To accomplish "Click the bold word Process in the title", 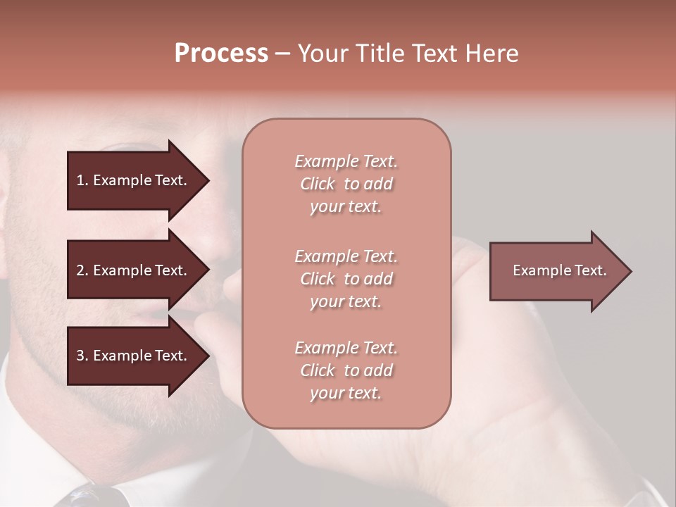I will pyautogui.click(x=221, y=54).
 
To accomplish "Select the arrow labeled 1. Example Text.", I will pyautogui.click(x=134, y=180).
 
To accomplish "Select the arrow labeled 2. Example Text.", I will pyautogui.click(x=134, y=270).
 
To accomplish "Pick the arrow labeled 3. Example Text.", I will pyautogui.click(x=134, y=356).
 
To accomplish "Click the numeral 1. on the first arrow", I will pyautogui.click(x=82, y=180).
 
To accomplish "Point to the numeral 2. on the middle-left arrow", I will pyautogui.click(x=82, y=270).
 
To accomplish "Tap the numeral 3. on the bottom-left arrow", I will pyautogui.click(x=82, y=356).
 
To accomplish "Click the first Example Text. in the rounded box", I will pyautogui.click(x=346, y=161).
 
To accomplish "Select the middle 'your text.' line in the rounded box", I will pyautogui.click(x=346, y=301).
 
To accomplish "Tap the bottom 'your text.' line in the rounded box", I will pyautogui.click(x=346, y=393).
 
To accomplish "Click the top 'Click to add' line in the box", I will pyautogui.click(x=346, y=184).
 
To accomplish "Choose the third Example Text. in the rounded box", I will pyautogui.click(x=346, y=348).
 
